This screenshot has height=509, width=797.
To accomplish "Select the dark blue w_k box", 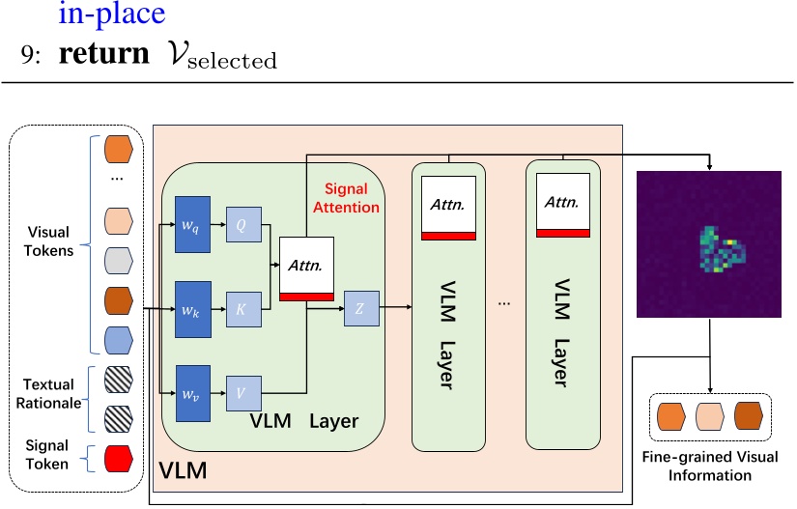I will (x=193, y=311).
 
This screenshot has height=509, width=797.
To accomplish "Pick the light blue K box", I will (x=242, y=311).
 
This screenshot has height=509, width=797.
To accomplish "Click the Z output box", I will (x=359, y=310).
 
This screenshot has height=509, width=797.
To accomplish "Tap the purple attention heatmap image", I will (x=708, y=244).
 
